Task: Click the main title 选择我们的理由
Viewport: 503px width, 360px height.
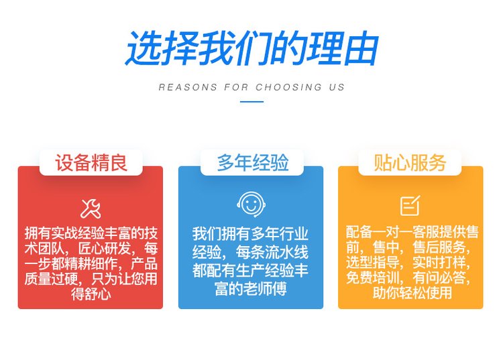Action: click(x=251, y=48)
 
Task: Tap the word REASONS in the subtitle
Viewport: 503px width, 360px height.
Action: click(x=188, y=87)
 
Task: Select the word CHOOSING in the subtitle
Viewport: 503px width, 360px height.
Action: click(x=288, y=87)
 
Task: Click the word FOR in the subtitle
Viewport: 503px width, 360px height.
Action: click(x=237, y=87)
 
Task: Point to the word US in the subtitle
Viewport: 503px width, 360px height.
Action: click(x=337, y=87)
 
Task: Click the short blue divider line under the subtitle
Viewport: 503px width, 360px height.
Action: click(x=251, y=102)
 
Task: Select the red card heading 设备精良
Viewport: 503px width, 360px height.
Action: click(x=91, y=162)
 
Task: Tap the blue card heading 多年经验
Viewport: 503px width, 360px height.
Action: click(x=252, y=162)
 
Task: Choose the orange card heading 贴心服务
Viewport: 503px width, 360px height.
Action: click(x=410, y=162)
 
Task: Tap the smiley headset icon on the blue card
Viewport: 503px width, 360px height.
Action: click(x=251, y=204)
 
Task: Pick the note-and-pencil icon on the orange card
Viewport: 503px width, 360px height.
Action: click(x=410, y=206)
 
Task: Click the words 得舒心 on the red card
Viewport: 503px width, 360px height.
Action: click(x=91, y=294)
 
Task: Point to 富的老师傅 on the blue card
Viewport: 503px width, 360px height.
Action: click(x=251, y=289)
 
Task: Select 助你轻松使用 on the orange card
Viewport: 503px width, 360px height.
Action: click(x=412, y=293)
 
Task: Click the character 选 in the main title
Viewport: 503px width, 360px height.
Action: click(x=143, y=48)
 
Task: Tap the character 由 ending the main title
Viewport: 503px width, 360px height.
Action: click(x=361, y=48)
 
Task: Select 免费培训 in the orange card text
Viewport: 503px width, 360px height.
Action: click(x=372, y=278)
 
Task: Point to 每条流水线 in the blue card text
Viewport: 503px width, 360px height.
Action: click(x=272, y=252)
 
